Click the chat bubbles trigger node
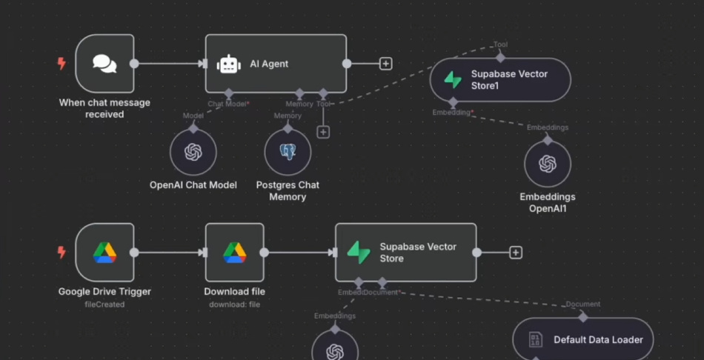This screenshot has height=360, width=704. click(x=104, y=64)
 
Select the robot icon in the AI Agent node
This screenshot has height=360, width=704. click(x=228, y=64)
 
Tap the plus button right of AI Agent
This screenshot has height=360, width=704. click(x=385, y=64)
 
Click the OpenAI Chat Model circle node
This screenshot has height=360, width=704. click(x=193, y=152)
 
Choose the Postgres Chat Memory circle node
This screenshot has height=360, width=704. click(x=288, y=152)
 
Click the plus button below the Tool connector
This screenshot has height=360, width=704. click(x=322, y=132)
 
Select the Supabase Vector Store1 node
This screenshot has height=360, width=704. click(x=500, y=80)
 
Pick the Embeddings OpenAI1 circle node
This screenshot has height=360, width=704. click(x=547, y=164)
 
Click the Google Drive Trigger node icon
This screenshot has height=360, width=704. click(x=104, y=253)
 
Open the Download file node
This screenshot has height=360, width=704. click(x=234, y=253)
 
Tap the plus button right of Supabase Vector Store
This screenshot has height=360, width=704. click(x=516, y=253)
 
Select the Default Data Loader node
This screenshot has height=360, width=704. click(x=583, y=339)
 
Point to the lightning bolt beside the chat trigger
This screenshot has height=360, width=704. click(x=62, y=64)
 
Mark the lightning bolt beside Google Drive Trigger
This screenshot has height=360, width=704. click(x=62, y=253)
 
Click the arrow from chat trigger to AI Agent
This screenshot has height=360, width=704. click(x=170, y=64)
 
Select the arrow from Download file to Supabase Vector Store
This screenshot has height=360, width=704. click(x=299, y=253)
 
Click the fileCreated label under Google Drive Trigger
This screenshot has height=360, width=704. click(x=104, y=304)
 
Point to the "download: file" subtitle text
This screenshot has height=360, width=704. click(x=234, y=304)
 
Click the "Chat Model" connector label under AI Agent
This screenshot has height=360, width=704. click(x=226, y=104)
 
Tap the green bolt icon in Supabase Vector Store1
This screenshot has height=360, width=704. click(x=453, y=80)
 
